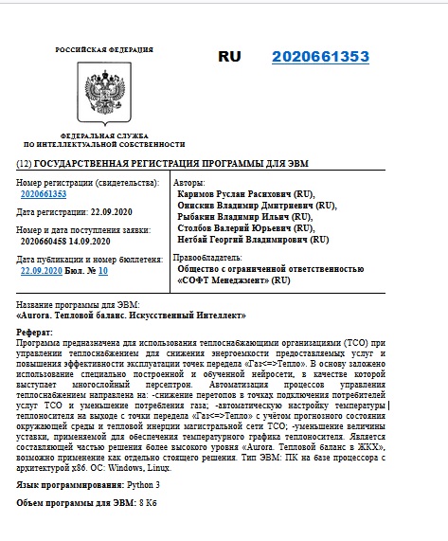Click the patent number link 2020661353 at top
click(x=320, y=57)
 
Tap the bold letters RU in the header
click(x=230, y=57)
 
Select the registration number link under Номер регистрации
click(x=44, y=193)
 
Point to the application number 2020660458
click(x=45, y=242)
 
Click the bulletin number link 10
click(x=102, y=270)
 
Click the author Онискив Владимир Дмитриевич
click(x=249, y=205)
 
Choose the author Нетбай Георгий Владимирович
click(x=245, y=241)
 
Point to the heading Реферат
click(x=37, y=332)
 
